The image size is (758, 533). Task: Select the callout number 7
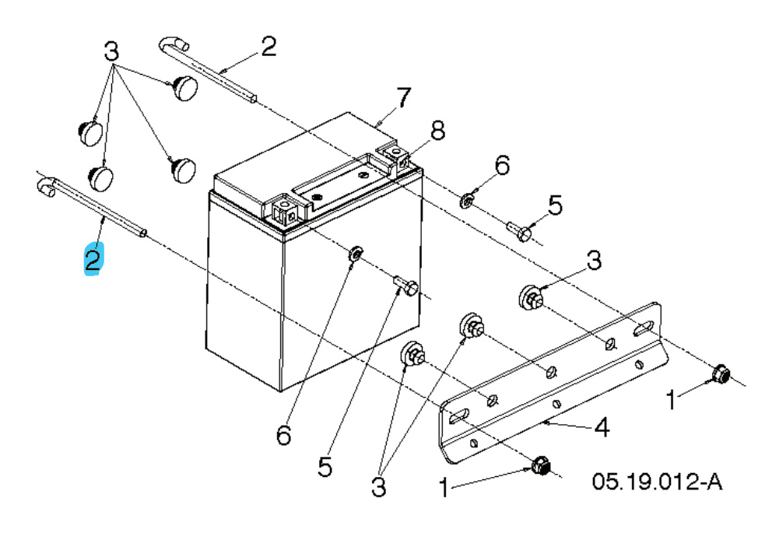coord(402,98)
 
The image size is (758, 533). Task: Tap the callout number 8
coord(438,131)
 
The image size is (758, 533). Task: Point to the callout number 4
coord(602,427)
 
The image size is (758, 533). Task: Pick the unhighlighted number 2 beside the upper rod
coord(268,47)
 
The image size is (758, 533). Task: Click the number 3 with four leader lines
coord(112,53)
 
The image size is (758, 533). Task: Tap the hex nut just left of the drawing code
coord(539,466)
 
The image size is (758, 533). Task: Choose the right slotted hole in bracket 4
coord(644,328)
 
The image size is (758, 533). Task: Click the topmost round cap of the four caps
coord(186,88)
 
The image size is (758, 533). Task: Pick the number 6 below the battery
coord(283,435)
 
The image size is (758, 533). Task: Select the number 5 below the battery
coord(325,466)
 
